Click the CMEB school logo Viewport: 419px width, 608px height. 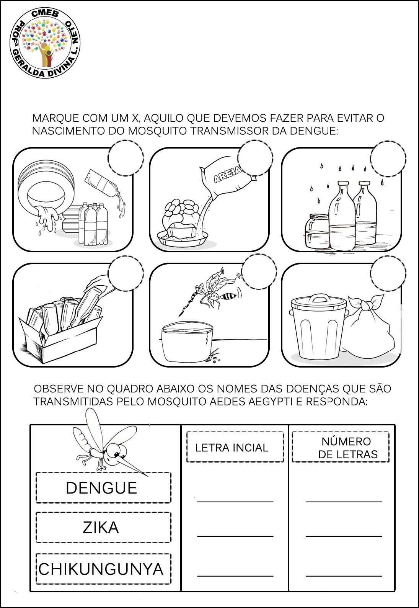[x=45, y=43]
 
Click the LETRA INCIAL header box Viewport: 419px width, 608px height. [x=235, y=447]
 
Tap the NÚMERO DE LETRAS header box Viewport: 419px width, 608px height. [x=341, y=447]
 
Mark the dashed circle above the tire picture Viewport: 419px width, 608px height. [x=126, y=158]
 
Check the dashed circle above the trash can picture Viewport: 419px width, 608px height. [x=388, y=273]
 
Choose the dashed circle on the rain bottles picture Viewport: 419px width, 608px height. [x=388, y=159]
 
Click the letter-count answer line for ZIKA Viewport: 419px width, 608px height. [x=344, y=536]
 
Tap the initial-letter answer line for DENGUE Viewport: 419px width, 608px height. [x=235, y=502]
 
